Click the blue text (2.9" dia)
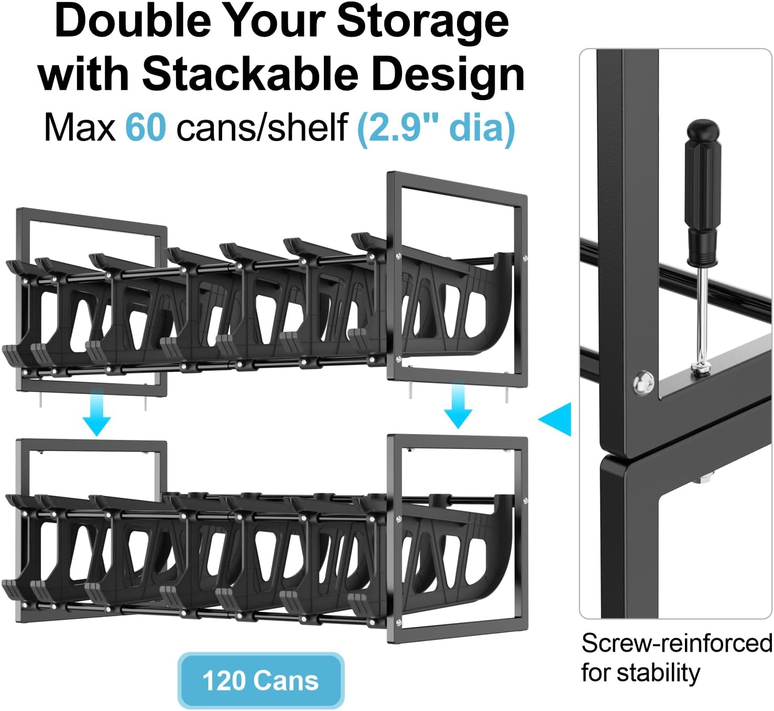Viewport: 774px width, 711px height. pos(436,128)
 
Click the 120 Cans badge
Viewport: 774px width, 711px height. pos(261,681)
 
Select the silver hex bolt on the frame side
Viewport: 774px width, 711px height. pos(644,382)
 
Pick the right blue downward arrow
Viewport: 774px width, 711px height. pos(458,406)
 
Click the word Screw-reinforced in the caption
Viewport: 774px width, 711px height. pos(677,643)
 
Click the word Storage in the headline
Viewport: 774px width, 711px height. pos(423,21)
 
